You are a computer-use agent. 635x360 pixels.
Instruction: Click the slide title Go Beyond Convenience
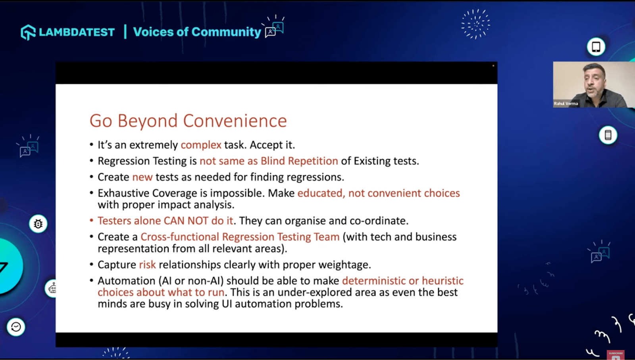click(188, 121)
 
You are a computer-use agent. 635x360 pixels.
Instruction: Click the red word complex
click(201, 145)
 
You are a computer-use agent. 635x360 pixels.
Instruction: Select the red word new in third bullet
click(142, 177)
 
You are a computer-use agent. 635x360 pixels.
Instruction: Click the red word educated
click(320, 193)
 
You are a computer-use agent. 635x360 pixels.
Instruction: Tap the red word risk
click(147, 265)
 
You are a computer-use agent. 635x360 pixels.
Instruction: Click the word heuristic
click(443, 281)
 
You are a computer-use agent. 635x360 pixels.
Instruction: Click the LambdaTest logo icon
click(28, 32)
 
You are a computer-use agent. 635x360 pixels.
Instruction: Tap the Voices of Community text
click(197, 32)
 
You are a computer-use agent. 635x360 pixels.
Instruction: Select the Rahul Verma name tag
click(566, 104)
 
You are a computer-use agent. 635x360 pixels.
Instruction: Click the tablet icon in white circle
click(596, 47)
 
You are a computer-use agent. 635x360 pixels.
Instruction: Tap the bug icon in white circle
click(38, 224)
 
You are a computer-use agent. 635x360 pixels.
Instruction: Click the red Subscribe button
click(616, 354)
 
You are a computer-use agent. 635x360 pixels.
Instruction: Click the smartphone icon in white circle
click(608, 135)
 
